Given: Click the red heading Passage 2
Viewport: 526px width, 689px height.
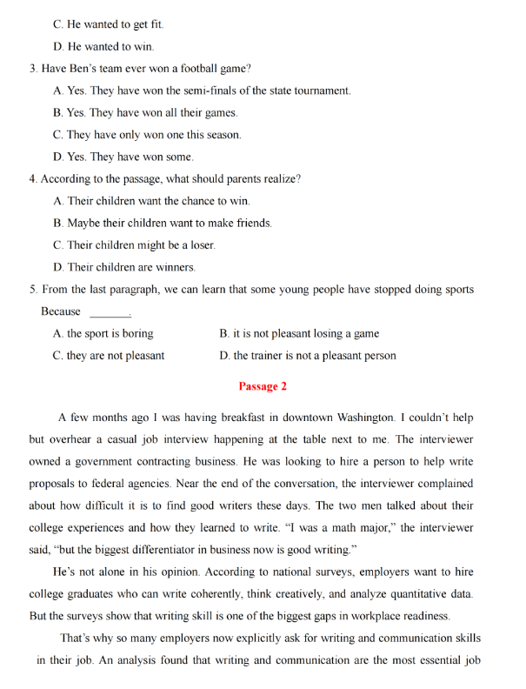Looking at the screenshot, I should [x=263, y=386].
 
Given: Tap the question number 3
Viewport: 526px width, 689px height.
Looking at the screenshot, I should [x=32, y=69].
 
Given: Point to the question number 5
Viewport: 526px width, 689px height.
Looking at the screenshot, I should [x=32, y=290].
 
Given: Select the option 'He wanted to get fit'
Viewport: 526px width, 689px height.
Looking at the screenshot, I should [x=108, y=24].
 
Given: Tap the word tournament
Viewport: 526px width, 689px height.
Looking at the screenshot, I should [x=323, y=90].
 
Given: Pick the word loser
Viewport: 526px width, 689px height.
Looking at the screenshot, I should [x=199, y=245].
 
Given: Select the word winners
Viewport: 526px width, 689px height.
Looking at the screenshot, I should [x=174, y=267].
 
